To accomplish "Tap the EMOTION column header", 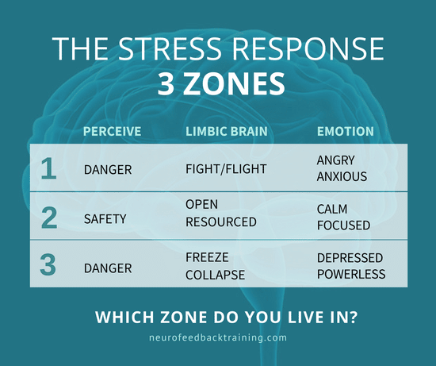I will (x=345, y=131).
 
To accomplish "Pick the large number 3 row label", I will (x=48, y=264).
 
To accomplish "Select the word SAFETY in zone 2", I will (x=105, y=217).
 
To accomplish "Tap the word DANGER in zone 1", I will (x=108, y=168).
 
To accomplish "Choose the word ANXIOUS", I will (x=342, y=176).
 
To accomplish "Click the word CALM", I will (x=332, y=209).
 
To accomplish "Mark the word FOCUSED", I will (x=342, y=225).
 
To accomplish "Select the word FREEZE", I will (x=207, y=258).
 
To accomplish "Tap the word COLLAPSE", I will (x=214, y=274).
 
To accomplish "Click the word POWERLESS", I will (x=350, y=274).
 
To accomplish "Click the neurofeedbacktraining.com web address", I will (x=217, y=337).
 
